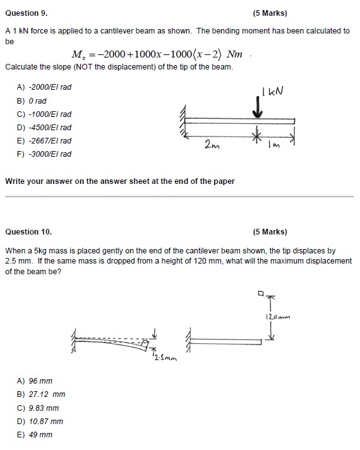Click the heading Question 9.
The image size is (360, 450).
26,13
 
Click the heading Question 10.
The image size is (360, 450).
28,231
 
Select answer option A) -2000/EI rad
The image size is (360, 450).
44,87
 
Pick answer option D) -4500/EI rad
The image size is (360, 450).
44,127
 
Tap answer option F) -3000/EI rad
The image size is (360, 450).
44,154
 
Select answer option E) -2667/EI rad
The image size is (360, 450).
44,140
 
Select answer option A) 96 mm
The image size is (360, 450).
35,380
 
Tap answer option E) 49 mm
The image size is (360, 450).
35,434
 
